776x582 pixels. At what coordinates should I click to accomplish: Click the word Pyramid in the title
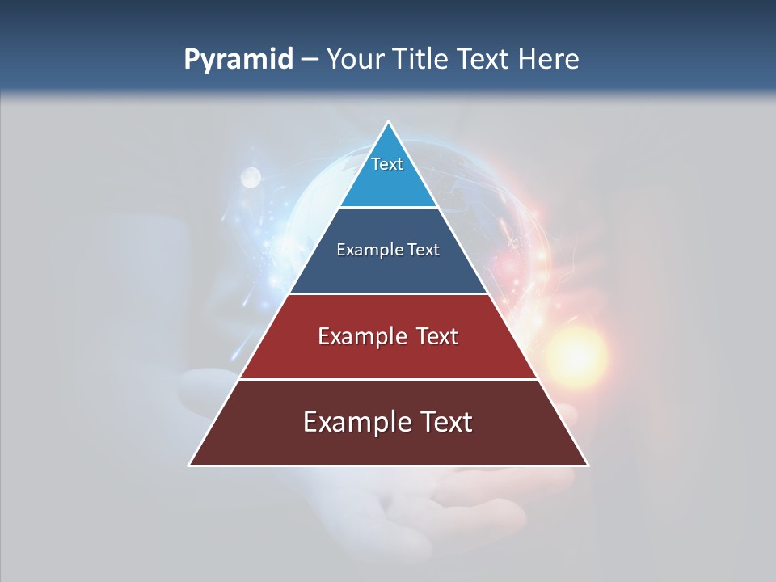tap(238, 60)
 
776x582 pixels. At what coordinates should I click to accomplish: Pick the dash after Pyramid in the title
tap(310, 60)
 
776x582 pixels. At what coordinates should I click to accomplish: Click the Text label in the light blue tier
tap(387, 164)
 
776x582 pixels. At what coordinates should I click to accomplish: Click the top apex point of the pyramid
tap(389, 122)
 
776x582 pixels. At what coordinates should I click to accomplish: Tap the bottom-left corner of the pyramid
tap(190, 465)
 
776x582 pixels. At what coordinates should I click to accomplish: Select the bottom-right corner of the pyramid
tap(588, 465)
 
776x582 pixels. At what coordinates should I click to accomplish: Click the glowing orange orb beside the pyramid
tap(576, 352)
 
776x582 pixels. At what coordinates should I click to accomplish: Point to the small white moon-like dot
tap(251, 176)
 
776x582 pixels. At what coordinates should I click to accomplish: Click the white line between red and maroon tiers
tap(389, 379)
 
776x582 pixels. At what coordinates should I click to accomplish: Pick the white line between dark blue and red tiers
tap(389, 293)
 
